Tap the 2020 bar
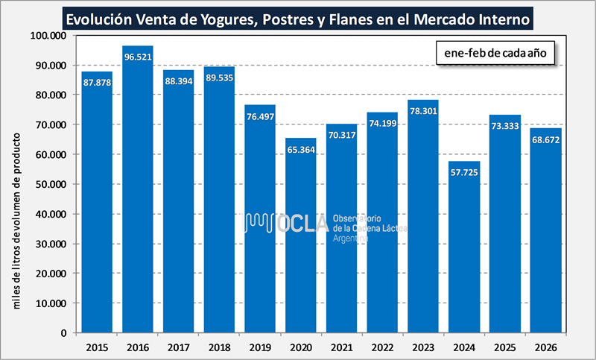(300, 239)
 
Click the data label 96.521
(138, 57)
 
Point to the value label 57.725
(463, 172)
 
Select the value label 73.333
(504, 126)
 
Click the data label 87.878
(97, 82)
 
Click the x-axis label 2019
(260, 347)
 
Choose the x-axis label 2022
(382, 347)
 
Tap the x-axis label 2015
(97, 347)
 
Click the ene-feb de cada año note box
(495, 54)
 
